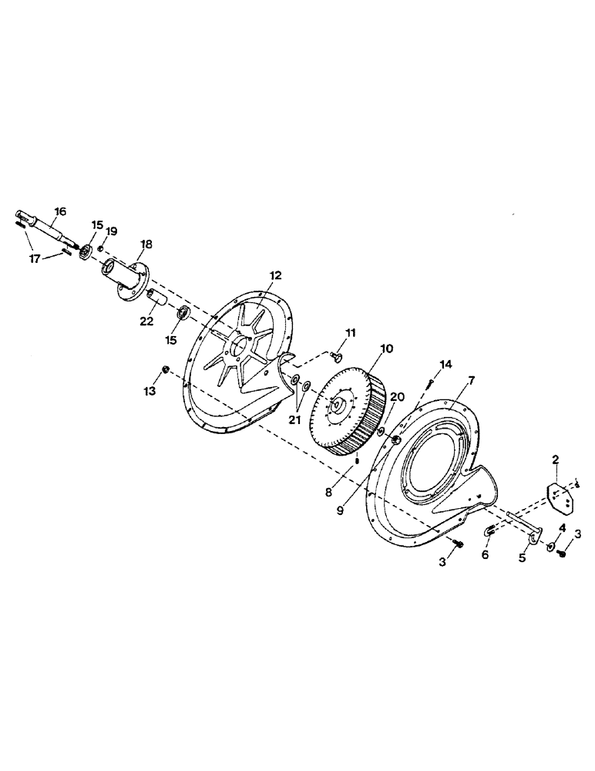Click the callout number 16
(x=60, y=211)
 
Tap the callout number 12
(x=276, y=275)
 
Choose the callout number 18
(x=146, y=244)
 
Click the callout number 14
(x=445, y=363)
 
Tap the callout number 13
(x=150, y=391)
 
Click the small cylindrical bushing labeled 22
(x=155, y=296)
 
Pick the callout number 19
(x=112, y=231)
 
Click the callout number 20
(x=397, y=396)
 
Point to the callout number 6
(x=486, y=554)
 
